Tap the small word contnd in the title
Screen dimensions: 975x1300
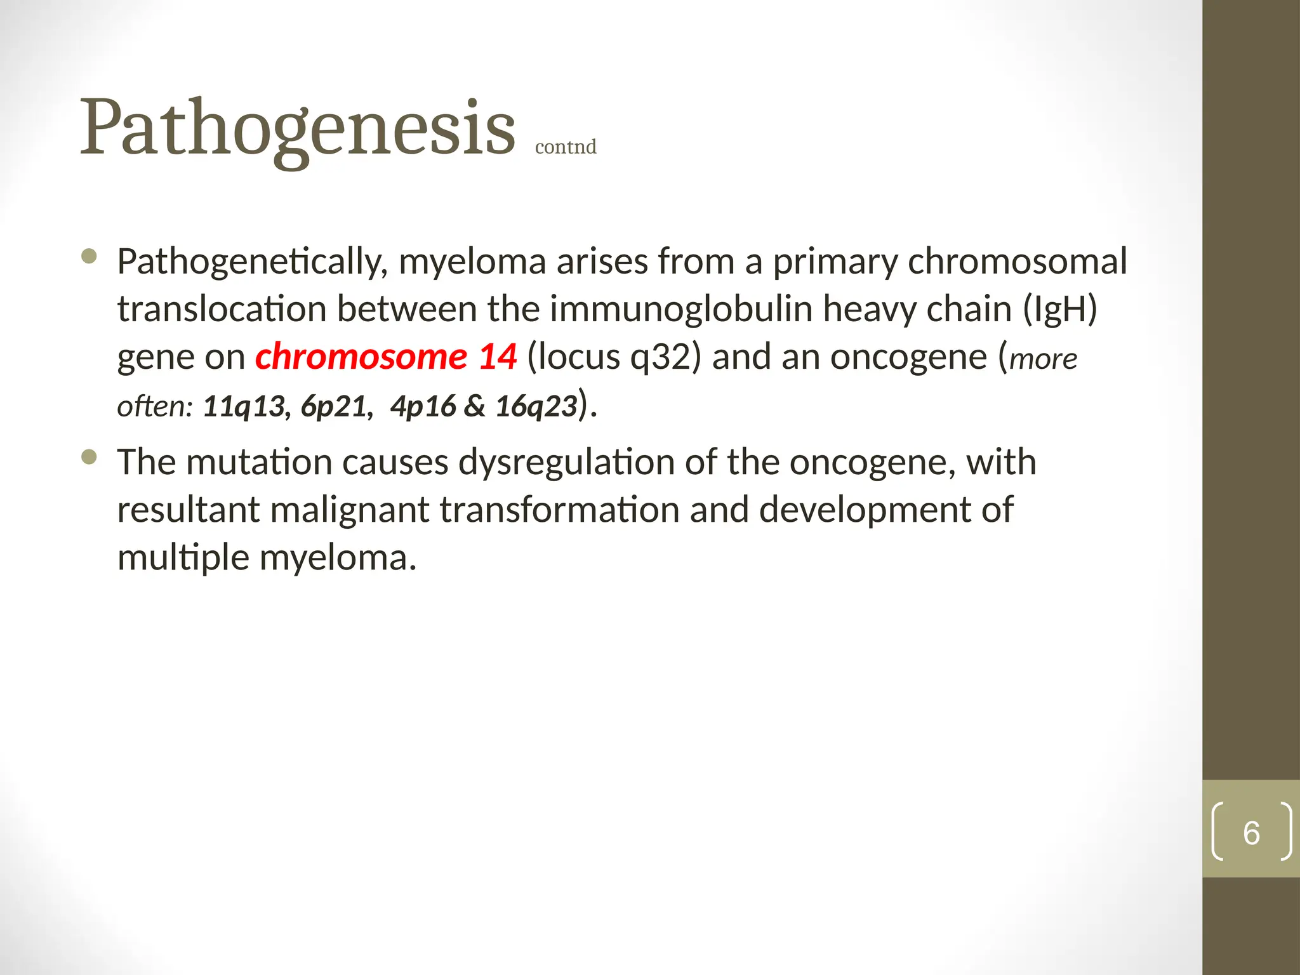(x=566, y=147)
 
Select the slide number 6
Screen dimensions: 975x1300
(x=1251, y=833)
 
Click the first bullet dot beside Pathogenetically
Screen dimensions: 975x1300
(x=90, y=256)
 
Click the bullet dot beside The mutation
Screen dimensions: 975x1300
(x=90, y=457)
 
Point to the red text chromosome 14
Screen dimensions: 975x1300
(x=386, y=356)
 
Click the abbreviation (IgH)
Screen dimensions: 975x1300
(x=1060, y=309)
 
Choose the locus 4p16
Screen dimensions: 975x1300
(x=423, y=406)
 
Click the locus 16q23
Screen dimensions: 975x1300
(x=536, y=406)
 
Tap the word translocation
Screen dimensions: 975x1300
(x=222, y=309)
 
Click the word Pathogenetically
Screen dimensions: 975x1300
(x=252, y=262)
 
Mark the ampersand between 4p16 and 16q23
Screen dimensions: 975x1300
(x=475, y=406)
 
